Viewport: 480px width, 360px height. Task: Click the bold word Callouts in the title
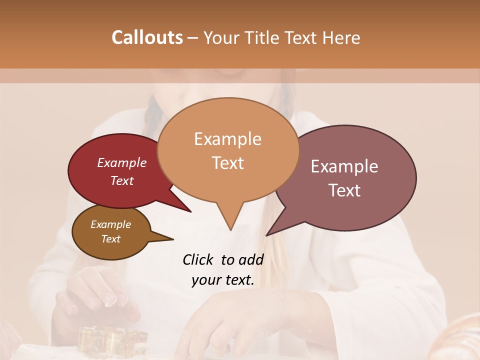(147, 37)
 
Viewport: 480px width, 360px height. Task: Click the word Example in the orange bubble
(227, 139)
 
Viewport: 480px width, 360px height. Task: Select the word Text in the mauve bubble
(344, 190)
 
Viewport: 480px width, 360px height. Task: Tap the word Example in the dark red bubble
(121, 162)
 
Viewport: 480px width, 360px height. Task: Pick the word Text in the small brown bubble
(110, 239)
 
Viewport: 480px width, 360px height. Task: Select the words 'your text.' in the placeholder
(223, 280)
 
